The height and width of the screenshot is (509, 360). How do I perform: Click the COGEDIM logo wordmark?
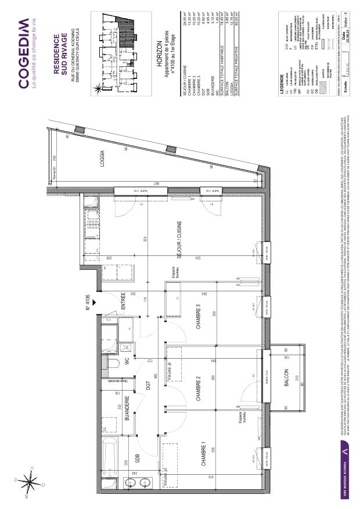click(23, 53)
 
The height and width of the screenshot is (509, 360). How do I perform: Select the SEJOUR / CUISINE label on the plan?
click(180, 239)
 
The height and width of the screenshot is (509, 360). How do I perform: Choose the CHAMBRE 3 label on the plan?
click(197, 317)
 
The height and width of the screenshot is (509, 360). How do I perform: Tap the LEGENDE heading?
click(282, 81)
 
